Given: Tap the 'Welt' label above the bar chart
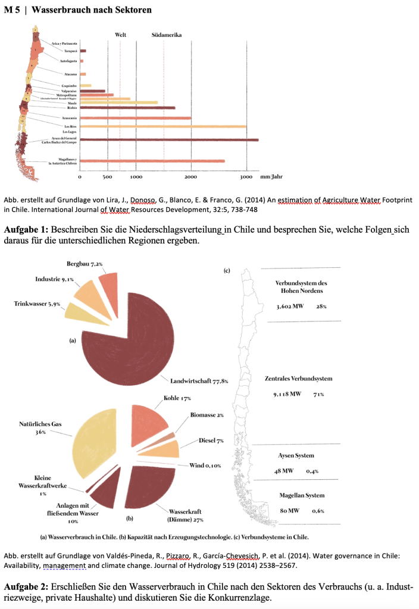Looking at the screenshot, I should (120, 35).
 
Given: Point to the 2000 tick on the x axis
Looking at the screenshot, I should (191, 177).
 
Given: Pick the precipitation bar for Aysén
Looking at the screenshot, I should (169, 140).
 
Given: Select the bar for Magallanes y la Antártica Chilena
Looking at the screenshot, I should (152, 161).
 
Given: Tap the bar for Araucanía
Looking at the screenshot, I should (136, 118).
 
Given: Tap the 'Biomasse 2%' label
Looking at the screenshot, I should (207, 415).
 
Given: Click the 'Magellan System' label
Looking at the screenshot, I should (302, 495).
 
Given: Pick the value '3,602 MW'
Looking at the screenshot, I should (290, 307).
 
